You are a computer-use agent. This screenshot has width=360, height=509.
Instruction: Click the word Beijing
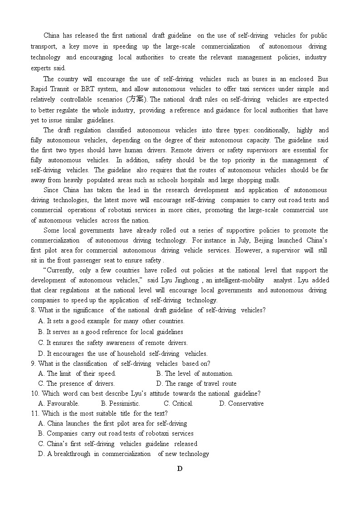coord(264,240)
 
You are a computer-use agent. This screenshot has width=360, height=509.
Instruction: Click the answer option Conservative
coord(245,403)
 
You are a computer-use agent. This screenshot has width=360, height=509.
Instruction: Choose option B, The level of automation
coord(195,374)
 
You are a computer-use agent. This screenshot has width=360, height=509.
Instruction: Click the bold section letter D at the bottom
coord(180,469)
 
